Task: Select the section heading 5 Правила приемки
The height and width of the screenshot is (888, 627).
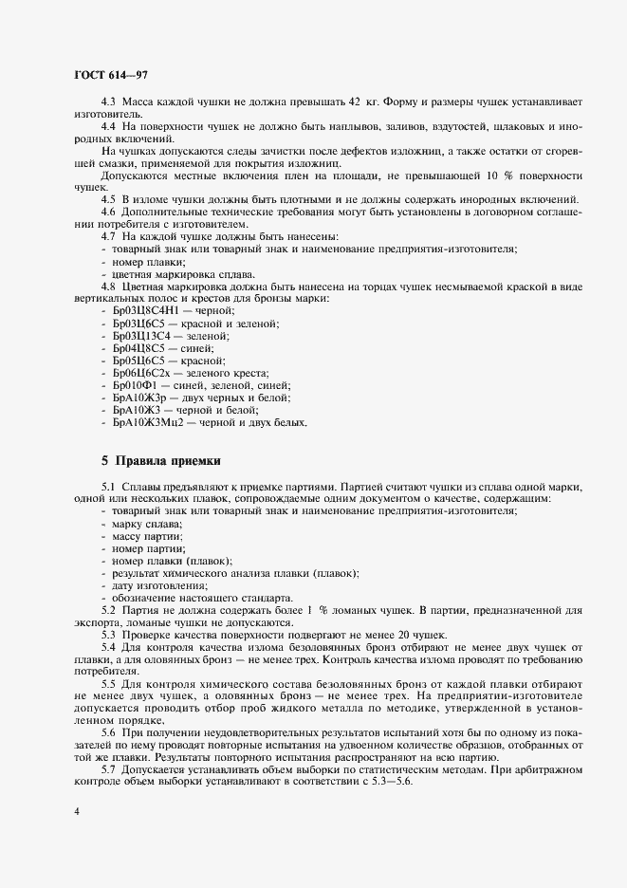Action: click(x=161, y=461)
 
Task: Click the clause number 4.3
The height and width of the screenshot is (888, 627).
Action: click(x=108, y=102)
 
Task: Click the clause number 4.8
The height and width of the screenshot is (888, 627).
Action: click(x=108, y=286)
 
